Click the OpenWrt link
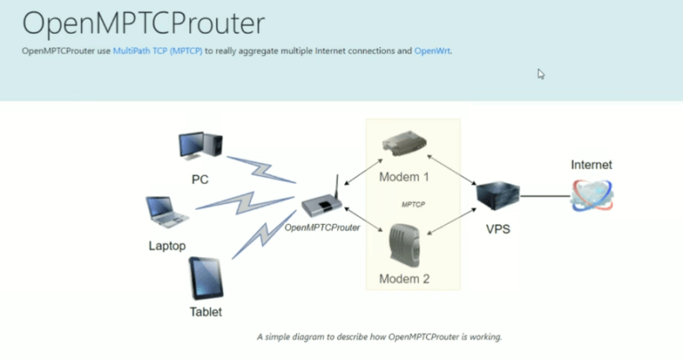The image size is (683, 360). click(x=432, y=51)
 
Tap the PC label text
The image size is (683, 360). click(x=200, y=180)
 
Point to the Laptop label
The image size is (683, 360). click(x=167, y=245)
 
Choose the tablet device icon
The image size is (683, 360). click(x=205, y=278)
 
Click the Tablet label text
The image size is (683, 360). click(x=205, y=312)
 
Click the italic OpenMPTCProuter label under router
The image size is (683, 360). click(x=322, y=228)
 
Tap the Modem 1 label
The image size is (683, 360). click(x=405, y=177)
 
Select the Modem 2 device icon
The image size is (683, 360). click(x=405, y=244)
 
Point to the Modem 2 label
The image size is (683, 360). click(x=405, y=278)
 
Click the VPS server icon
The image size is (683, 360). click(x=496, y=195)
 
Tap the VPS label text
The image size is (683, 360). click(x=497, y=228)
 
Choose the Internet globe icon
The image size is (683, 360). click(x=591, y=195)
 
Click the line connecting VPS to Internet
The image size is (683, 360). click(x=544, y=195)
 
